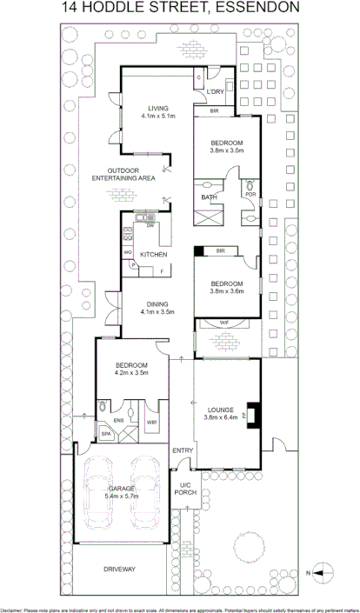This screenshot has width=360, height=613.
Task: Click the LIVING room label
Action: pyautogui.click(x=158, y=109)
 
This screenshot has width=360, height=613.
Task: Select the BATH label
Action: pyautogui.click(x=209, y=197)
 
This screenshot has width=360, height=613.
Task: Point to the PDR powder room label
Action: pyautogui.click(x=250, y=194)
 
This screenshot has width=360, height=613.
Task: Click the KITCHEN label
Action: pyautogui.click(x=154, y=254)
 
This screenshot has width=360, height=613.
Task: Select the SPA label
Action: pyautogui.click(x=106, y=432)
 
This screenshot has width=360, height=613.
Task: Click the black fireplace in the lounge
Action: pyautogui.click(x=252, y=414)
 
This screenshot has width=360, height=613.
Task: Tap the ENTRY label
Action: pyautogui.click(x=183, y=450)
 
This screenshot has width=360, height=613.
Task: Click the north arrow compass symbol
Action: pyautogui.click(x=323, y=572)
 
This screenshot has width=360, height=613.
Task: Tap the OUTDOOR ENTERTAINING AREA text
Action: pyautogui.click(x=124, y=174)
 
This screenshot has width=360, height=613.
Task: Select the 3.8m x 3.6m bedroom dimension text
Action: pyautogui.click(x=226, y=291)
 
